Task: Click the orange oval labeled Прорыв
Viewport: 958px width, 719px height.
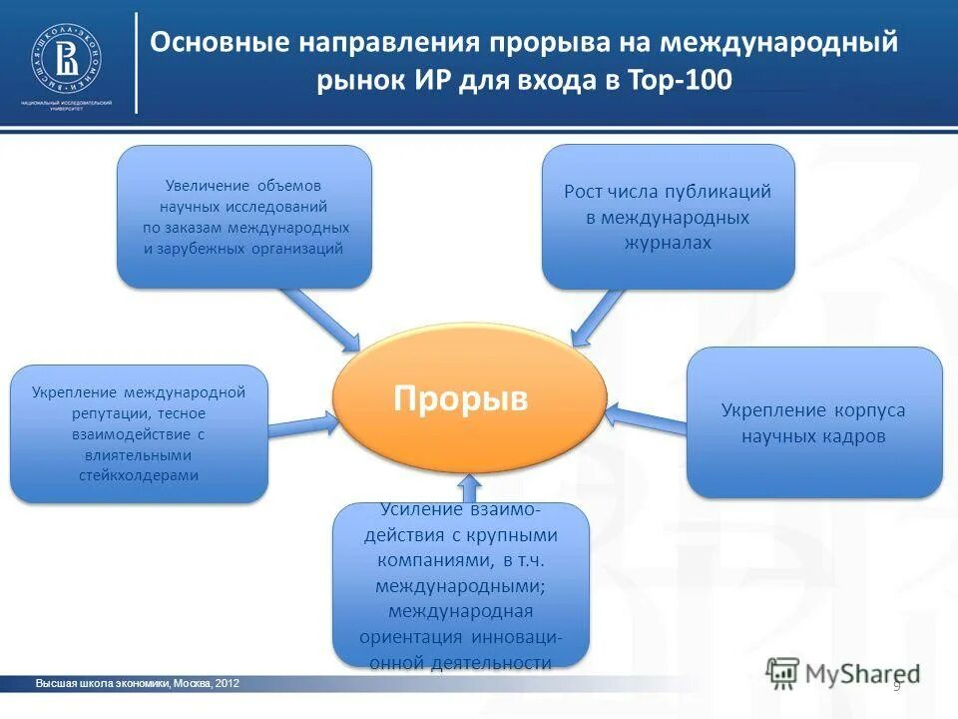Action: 469,400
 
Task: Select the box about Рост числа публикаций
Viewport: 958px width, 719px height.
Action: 668,216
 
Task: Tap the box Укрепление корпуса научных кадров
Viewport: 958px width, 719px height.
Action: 814,422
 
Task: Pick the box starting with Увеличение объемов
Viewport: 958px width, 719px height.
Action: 244,217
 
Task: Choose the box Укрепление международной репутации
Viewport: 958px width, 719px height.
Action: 139,433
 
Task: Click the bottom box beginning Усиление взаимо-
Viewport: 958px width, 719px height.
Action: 460,585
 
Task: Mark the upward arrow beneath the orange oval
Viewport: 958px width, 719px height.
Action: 471,488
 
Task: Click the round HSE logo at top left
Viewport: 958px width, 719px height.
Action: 65,57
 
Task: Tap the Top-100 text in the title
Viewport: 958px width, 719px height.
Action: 689,81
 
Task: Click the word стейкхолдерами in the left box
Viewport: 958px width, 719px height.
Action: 139,475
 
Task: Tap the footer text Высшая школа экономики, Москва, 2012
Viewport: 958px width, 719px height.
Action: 137,683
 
